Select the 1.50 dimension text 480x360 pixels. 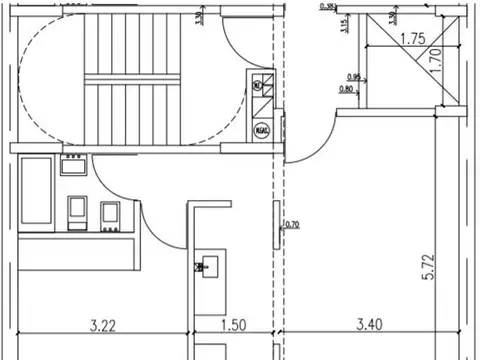pyautogui.click(x=234, y=324)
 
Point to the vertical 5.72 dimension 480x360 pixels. pyautogui.click(x=428, y=266)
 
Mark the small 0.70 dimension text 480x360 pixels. pyautogui.click(x=292, y=225)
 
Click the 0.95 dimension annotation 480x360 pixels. pyautogui.click(x=353, y=77)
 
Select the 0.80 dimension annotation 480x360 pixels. pyautogui.click(x=347, y=90)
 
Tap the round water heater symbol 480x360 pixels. pyautogui.click(x=262, y=129)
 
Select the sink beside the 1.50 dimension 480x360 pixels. pyautogui.click(x=210, y=266)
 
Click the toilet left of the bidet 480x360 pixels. pyautogui.click(x=78, y=209)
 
